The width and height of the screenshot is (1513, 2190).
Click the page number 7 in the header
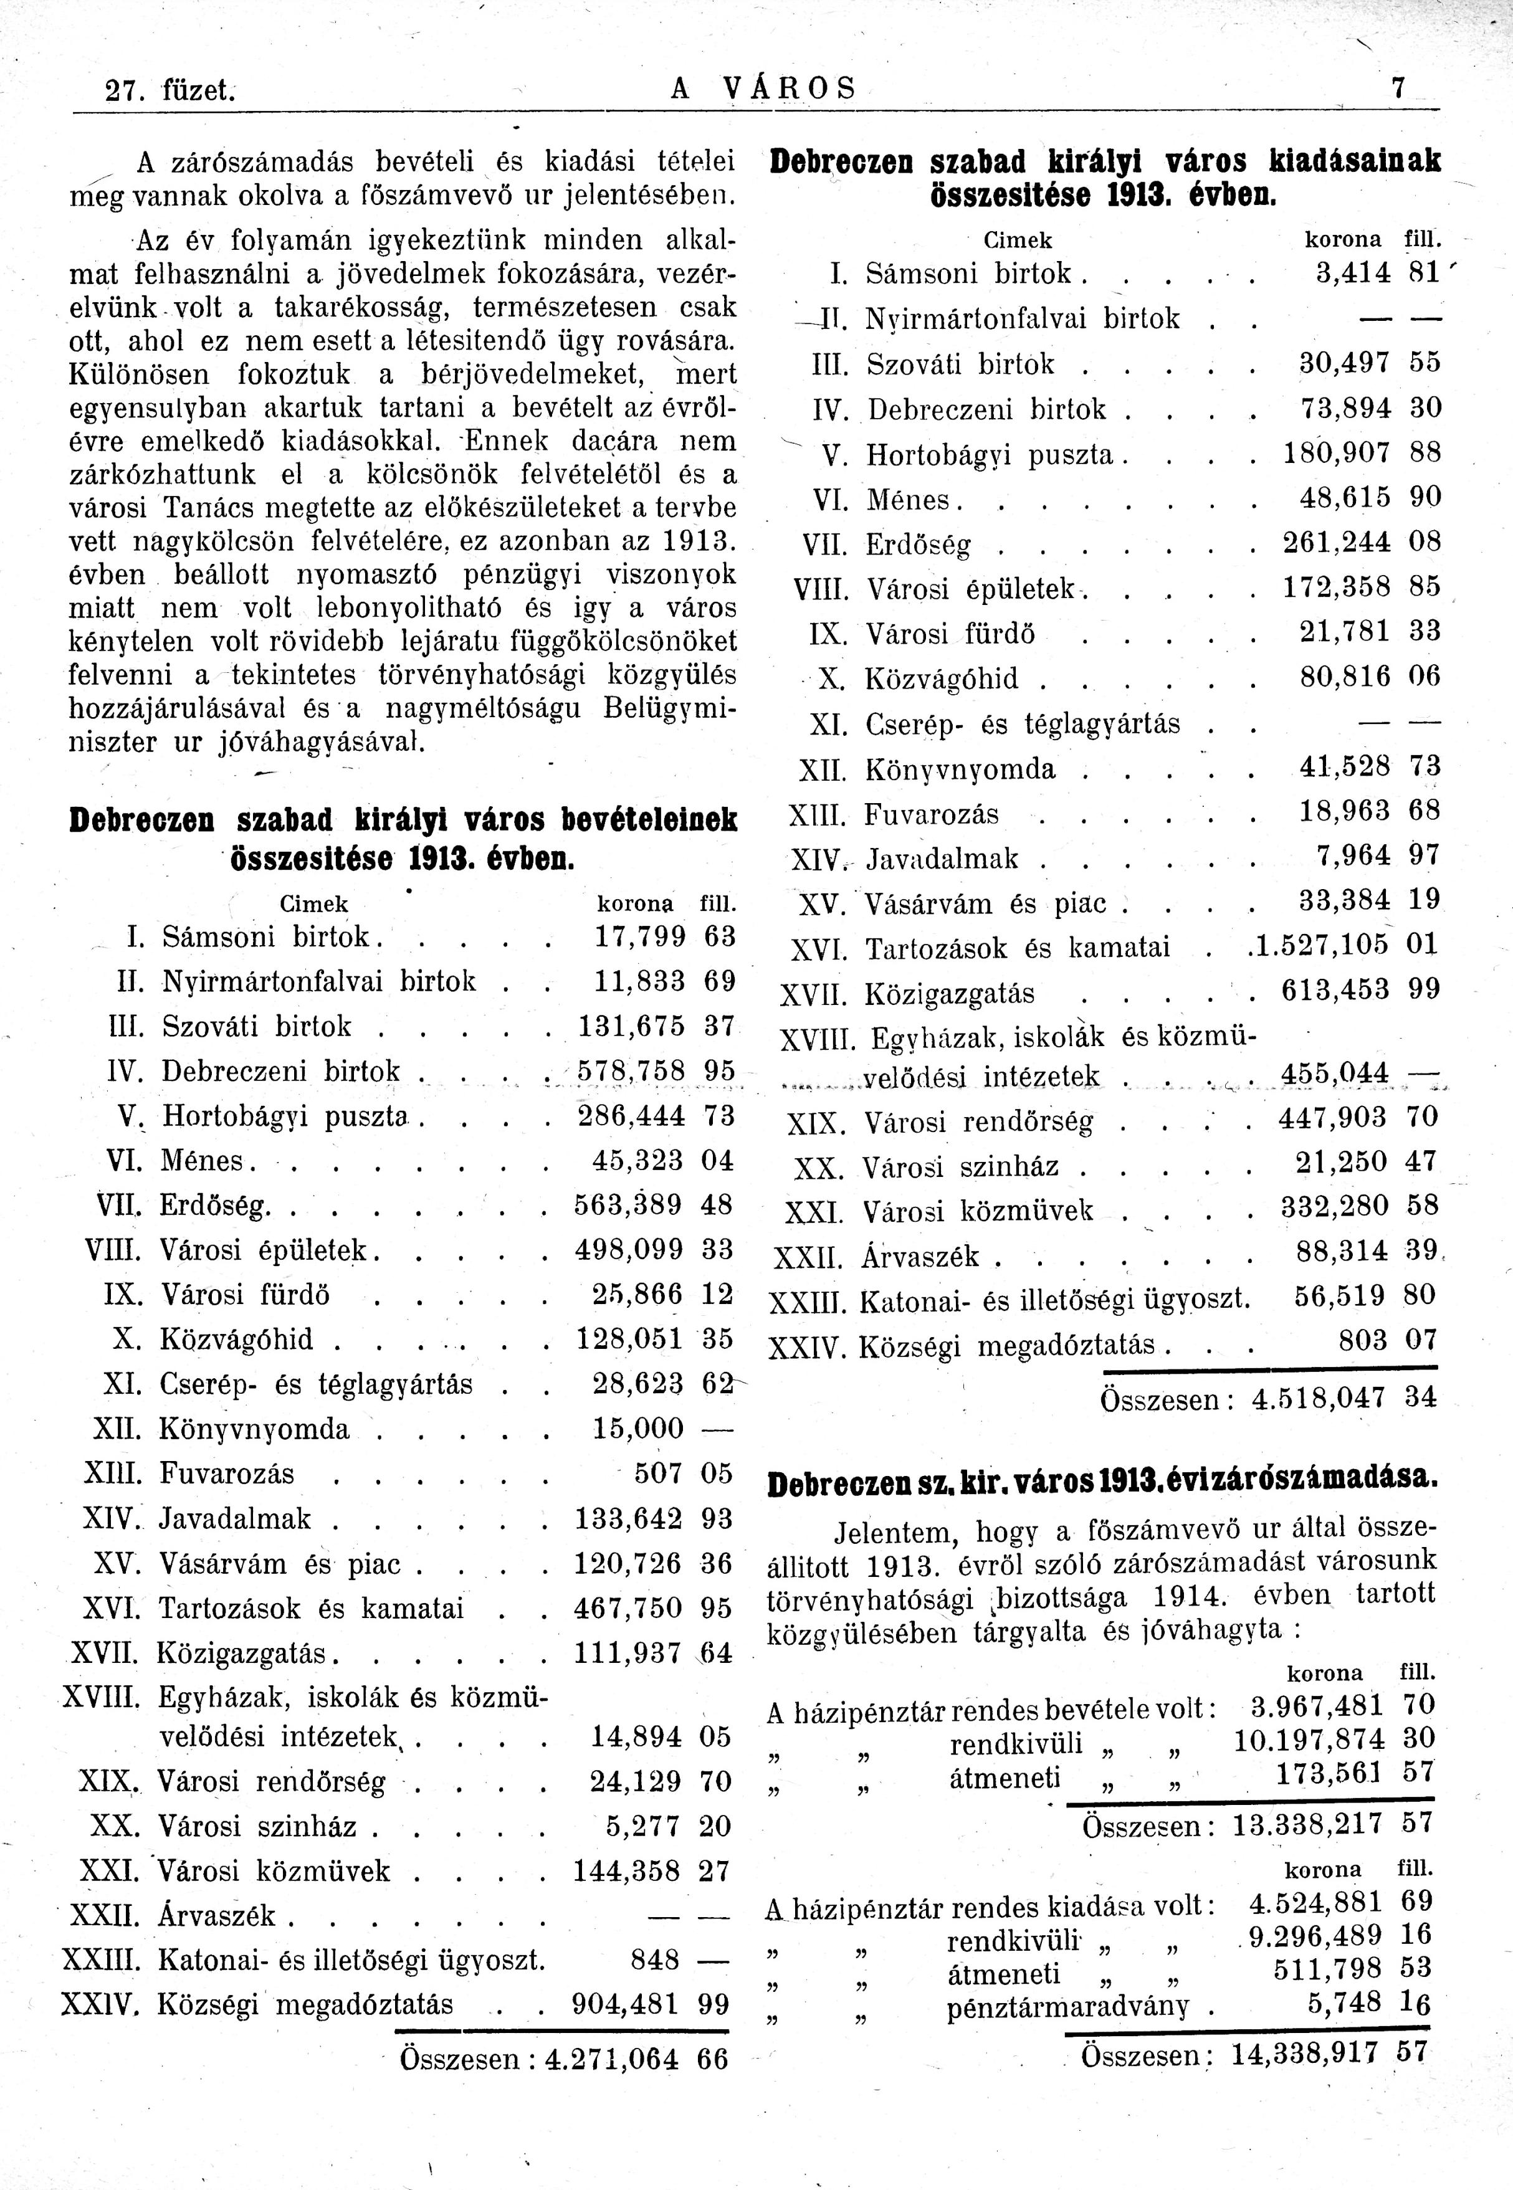(x=1396, y=89)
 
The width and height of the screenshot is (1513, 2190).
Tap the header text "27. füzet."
(x=169, y=91)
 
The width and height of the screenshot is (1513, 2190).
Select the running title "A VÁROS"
(x=763, y=89)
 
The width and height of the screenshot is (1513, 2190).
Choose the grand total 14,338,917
(x=1304, y=2054)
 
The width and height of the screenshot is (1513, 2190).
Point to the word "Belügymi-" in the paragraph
(x=669, y=709)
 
